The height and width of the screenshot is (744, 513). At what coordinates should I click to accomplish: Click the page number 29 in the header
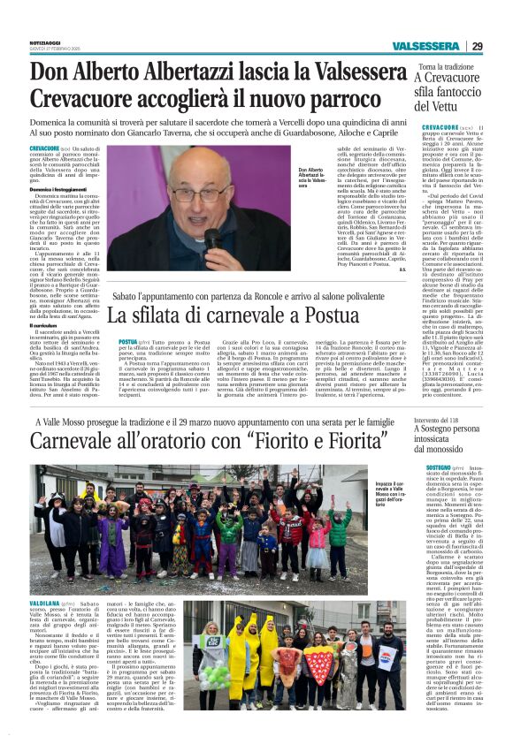(x=477, y=47)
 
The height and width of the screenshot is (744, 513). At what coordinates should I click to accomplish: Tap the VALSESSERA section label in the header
(x=425, y=47)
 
